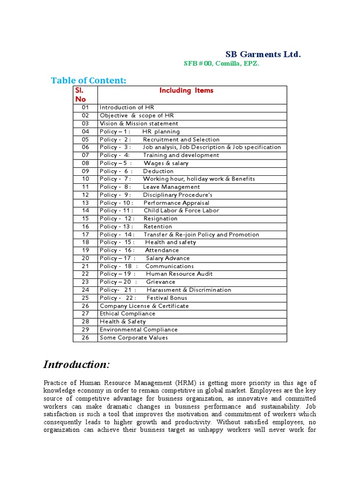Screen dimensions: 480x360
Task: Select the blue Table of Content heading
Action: coord(89,81)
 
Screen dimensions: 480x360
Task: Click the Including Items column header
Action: coord(186,90)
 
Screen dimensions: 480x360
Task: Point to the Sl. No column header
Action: coord(81,95)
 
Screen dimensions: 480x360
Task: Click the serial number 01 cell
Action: coord(85,107)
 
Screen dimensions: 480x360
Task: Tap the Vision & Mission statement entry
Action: coord(139,123)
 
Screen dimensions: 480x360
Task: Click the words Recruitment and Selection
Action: coord(181,139)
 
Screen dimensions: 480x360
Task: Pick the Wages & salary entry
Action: coord(166,163)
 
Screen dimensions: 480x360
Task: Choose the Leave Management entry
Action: coord(171,187)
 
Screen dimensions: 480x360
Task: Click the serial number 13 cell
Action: coord(85,203)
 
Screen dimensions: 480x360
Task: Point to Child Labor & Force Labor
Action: coord(181,210)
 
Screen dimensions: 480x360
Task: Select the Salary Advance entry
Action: coord(168,258)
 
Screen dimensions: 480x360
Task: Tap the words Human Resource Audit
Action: coord(179,274)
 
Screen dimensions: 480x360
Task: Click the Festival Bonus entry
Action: coord(167,298)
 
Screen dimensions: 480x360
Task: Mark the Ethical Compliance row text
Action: coord(127,314)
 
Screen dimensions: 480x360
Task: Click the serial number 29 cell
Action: coord(85,330)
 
